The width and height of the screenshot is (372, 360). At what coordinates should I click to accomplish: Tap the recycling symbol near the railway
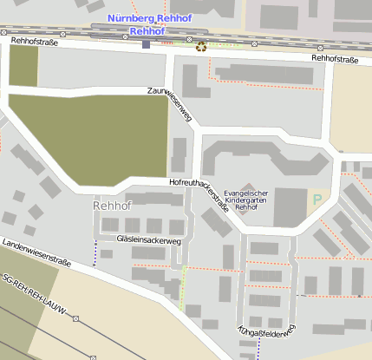(201, 47)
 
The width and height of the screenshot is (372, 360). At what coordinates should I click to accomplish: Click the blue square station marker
(146, 43)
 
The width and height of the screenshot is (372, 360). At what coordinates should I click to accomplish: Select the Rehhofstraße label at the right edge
(342, 59)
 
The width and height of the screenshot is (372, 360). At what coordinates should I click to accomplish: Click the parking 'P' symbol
(317, 199)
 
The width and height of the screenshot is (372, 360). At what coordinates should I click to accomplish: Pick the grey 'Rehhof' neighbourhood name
(111, 206)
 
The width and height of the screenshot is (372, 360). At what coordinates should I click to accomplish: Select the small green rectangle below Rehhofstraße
(23, 65)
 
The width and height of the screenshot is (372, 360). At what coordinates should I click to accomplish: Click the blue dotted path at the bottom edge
(258, 350)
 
